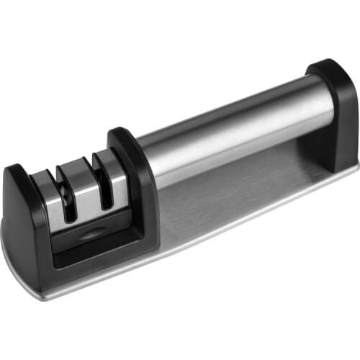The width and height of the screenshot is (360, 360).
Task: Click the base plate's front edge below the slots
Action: (86, 284)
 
